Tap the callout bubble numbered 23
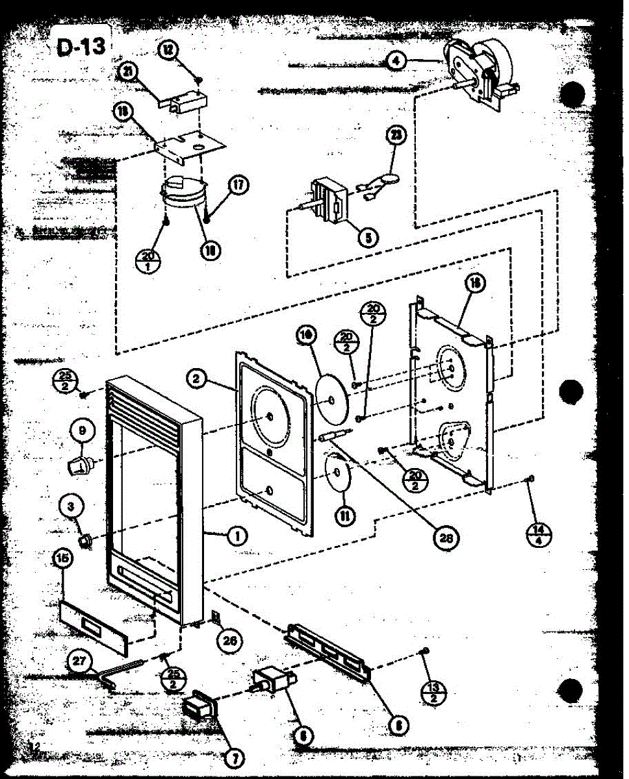(x=395, y=135)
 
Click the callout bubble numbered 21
(x=129, y=71)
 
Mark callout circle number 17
(x=238, y=186)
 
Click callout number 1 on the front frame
(x=238, y=536)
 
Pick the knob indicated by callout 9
(x=81, y=464)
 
